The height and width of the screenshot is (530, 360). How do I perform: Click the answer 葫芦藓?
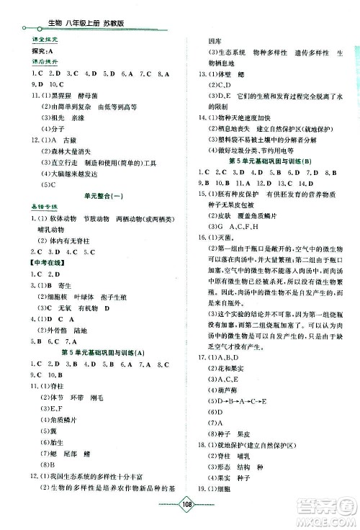(228, 389)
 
